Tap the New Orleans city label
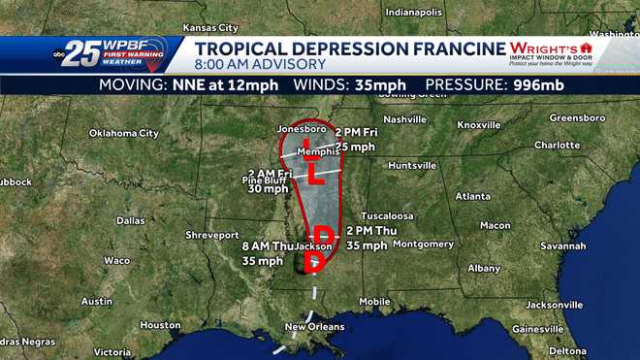pos(314,326)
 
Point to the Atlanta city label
pos(473,196)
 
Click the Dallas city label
pos(130,220)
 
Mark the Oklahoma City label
pos(123,133)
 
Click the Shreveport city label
pos(212,235)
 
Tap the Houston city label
pos(160,325)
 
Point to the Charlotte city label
pos(557,145)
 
